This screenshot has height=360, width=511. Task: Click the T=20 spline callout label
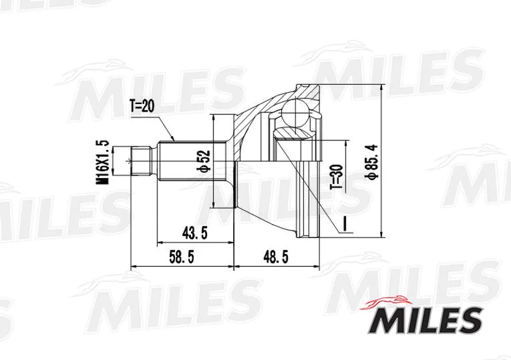(x=142, y=106)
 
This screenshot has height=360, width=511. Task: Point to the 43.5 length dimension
(x=195, y=233)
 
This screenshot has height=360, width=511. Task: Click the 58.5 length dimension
(x=181, y=257)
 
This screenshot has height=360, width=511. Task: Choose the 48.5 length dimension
(x=276, y=257)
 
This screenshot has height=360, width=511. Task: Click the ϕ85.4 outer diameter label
(x=372, y=161)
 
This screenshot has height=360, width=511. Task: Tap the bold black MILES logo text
(x=426, y=321)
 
